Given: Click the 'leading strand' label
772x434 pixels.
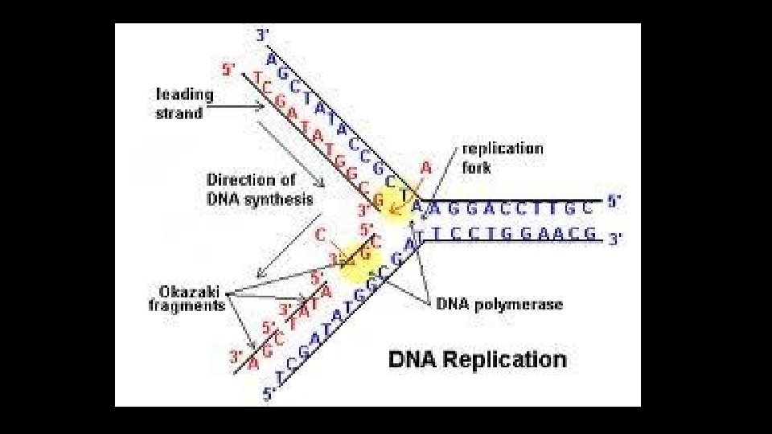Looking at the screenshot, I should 184,104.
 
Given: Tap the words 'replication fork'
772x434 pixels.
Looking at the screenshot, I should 502,158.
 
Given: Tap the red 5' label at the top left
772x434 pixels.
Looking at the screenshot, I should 229,70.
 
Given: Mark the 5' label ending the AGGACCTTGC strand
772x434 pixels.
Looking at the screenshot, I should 614,202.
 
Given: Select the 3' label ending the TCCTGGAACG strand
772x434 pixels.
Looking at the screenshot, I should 615,239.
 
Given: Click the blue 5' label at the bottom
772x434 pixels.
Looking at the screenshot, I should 270,395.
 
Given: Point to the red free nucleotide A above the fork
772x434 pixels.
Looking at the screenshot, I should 426,168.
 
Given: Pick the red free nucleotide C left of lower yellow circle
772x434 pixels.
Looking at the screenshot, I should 321,235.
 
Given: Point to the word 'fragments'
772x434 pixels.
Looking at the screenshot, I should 187,305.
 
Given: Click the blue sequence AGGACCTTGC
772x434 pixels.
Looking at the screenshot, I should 513,207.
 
